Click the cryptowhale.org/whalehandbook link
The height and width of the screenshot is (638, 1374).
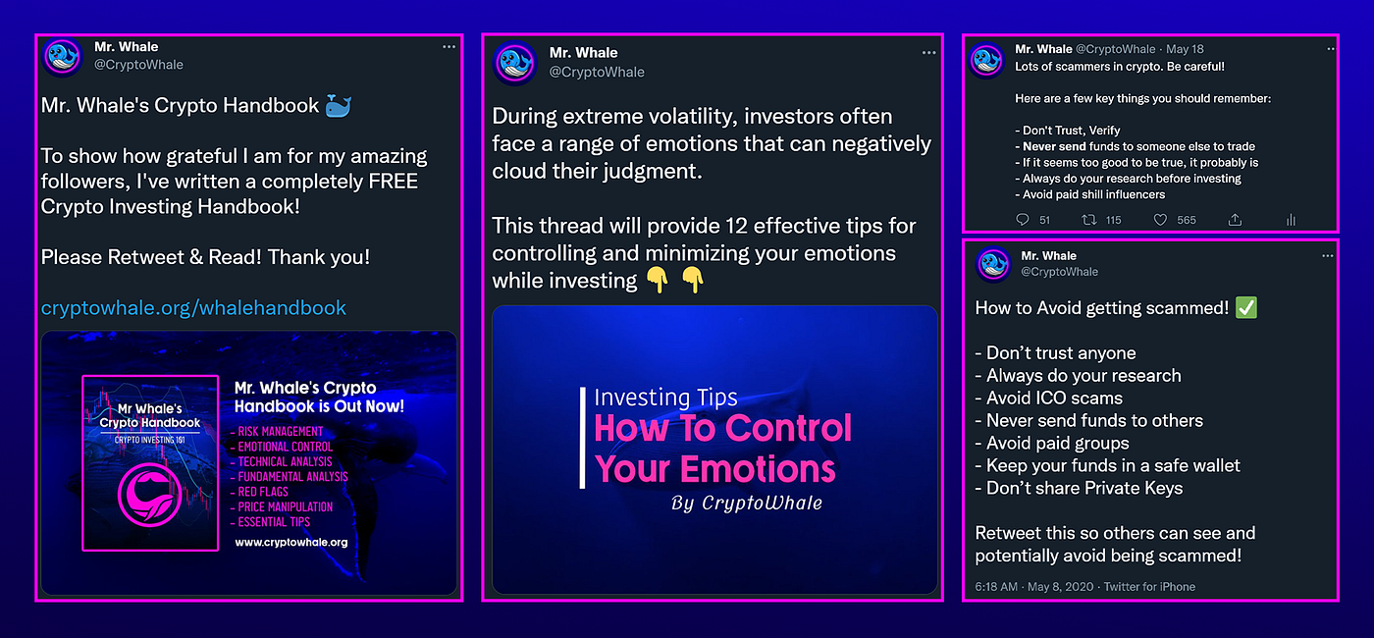click(193, 308)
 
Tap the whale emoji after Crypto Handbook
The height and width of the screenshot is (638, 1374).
click(339, 106)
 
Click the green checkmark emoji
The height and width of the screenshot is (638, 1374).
click(1245, 307)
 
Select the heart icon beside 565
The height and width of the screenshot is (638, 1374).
click(1160, 220)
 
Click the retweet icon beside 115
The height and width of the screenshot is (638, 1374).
click(1088, 220)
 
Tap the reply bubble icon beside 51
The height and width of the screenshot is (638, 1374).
click(1022, 220)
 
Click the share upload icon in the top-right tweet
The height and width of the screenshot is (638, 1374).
click(1235, 220)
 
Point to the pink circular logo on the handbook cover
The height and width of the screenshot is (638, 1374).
click(149, 495)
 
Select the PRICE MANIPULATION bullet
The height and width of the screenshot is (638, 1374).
click(282, 507)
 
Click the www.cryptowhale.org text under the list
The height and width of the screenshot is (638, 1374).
click(291, 542)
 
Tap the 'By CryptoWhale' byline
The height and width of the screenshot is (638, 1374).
click(747, 503)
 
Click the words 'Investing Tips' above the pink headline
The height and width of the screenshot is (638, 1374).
click(665, 398)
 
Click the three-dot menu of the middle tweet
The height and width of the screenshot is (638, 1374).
click(928, 53)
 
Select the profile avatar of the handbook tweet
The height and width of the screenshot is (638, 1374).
click(62, 57)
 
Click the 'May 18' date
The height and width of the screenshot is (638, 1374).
click(1185, 49)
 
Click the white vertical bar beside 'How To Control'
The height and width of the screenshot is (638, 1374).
click(582, 438)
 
